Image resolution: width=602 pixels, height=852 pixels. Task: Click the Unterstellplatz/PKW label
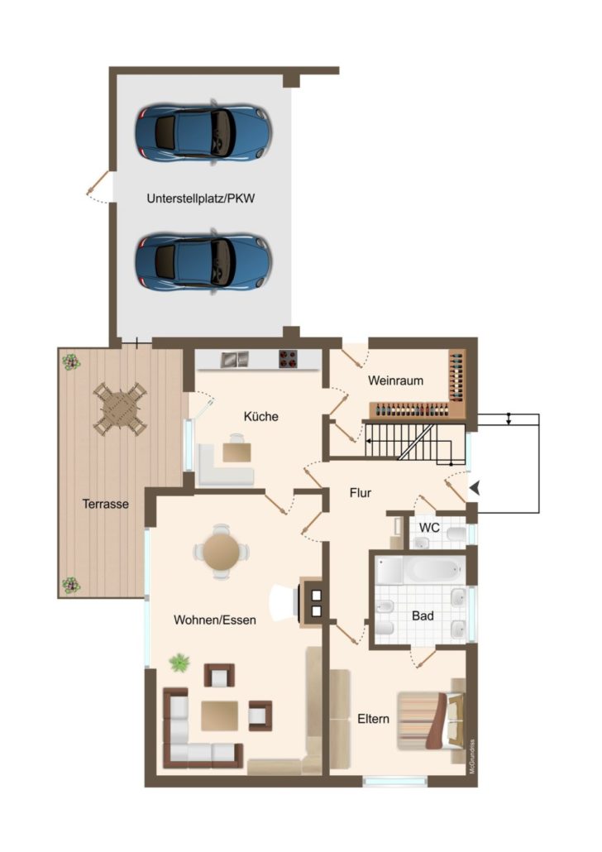click(x=200, y=199)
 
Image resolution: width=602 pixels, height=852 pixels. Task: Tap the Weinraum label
click(x=395, y=381)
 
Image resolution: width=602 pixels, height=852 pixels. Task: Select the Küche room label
click(x=260, y=416)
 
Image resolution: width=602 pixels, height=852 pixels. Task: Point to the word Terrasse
click(x=105, y=504)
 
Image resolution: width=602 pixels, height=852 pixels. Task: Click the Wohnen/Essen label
click(x=215, y=620)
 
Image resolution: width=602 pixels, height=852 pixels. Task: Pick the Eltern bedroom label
click(x=373, y=719)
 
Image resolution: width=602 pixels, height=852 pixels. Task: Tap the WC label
click(x=429, y=528)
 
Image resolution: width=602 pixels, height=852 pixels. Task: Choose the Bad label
click(x=423, y=615)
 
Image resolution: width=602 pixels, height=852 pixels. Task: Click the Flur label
click(x=361, y=493)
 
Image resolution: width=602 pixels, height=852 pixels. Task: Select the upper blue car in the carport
click(x=203, y=132)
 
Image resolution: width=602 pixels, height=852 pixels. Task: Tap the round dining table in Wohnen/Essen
click(x=221, y=552)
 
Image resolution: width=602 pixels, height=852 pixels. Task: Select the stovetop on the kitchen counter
click(x=289, y=359)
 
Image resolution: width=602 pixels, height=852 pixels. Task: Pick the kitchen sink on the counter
click(x=235, y=359)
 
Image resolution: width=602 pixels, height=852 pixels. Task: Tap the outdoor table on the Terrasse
click(x=120, y=409)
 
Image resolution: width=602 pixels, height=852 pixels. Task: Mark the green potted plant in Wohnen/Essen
click(x=179, y=663)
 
